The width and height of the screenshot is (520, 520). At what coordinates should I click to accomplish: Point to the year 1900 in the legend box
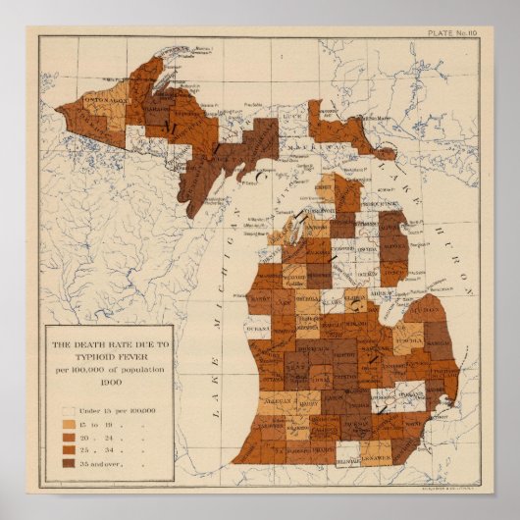click(108, 378)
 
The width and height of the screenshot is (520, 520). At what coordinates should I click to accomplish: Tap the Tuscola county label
click(407, 330)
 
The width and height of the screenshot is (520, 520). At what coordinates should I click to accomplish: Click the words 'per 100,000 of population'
click(108, 368)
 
